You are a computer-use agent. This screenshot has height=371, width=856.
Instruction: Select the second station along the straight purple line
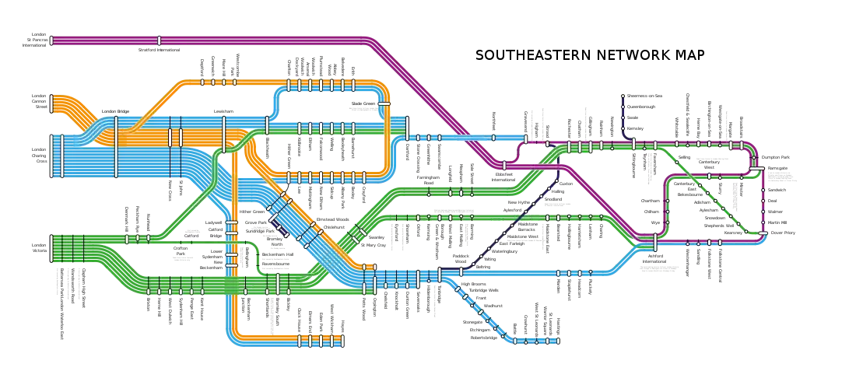click(160, 40)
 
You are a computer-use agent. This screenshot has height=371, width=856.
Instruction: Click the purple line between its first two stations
click(105, 40)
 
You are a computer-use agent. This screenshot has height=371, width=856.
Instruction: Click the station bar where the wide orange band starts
click(51, 103)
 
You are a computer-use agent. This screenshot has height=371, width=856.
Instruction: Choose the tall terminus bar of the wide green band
click(51, 247)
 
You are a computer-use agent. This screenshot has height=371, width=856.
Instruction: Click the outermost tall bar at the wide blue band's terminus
click(51, 156)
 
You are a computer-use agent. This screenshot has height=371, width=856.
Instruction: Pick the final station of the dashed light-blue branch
click(557, 341)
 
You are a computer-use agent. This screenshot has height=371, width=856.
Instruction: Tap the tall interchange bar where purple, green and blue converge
click(655, 242)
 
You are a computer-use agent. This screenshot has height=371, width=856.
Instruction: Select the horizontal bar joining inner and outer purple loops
click(756, 166)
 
